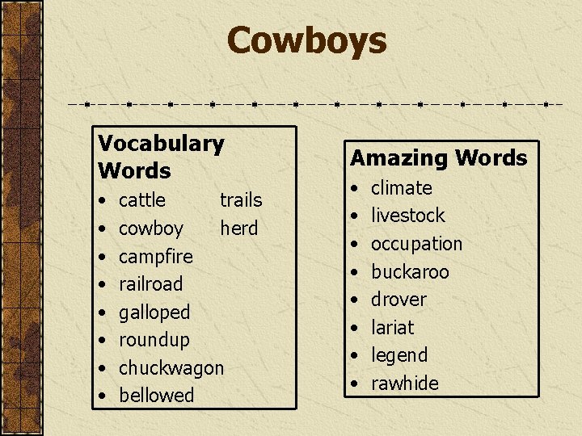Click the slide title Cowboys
pos(306,40)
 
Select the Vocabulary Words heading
pos(160,157)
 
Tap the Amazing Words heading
pos(438,158)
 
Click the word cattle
pos(141,199)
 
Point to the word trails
pos(241,199)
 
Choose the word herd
pos(238,228)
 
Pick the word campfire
pos(155,257)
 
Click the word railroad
pos(150,284)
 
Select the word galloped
pos(154,312)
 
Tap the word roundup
pos(154,340)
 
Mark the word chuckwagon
pos(171,368)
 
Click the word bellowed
pos(156,396)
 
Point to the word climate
pos(401,188)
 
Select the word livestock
pos(407,216)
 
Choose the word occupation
pos(416,244)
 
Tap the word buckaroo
pos(409,272)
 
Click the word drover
pos(398,300)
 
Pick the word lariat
pos(391,328)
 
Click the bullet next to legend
pos(352,355)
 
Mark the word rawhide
pos(404,384)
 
